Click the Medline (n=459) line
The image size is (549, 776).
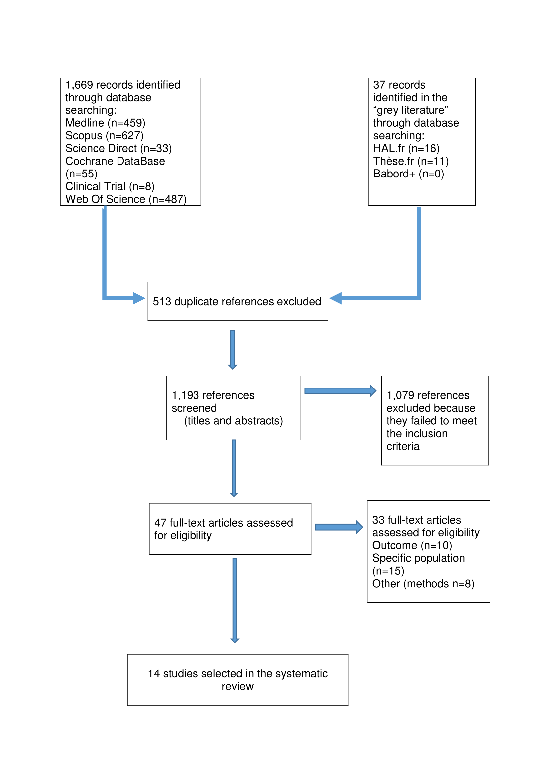click(x=105, y=123)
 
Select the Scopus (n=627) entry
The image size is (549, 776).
click(x=104, y=136)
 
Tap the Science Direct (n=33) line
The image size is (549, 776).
click(x=118, y=148)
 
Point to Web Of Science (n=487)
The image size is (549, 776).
click(x=126, y=199)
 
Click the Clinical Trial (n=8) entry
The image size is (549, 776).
click(x=110, y=186)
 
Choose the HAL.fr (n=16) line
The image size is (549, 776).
click(x=406, y=148)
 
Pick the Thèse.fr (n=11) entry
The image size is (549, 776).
click(x=411, y=161)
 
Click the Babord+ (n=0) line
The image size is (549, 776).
click(x=408, y=174)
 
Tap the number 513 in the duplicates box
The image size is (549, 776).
click(x=162, y=302)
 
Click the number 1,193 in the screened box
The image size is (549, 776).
click(x=185, y=395)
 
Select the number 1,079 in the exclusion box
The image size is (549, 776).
click(x=400, y=395)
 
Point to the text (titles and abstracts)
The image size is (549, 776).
click(x=234, y=421)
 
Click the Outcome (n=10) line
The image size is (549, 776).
click(x=412, y=545)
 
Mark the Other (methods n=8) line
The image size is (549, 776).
click(x=423, y=584)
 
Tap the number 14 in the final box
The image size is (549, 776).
click(x=154, y=673)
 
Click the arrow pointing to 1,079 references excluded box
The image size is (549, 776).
click(x=340, y=391)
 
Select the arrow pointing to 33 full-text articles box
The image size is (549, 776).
click(x=339, y=527)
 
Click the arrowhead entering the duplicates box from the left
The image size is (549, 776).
click(x=139, y=298)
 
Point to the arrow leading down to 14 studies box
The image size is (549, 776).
click(x=235, y=600)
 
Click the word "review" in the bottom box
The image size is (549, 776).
click(x=238, y=686)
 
